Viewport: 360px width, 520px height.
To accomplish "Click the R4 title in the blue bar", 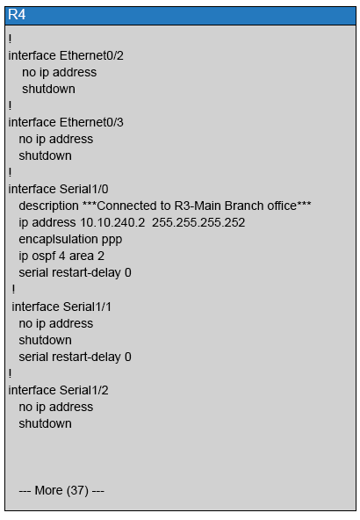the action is (17, 15).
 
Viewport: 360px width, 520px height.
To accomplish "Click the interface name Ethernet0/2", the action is (91, 55).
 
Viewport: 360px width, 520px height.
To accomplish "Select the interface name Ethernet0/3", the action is (91, 122).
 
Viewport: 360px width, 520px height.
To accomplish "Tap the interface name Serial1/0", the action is (84, 189).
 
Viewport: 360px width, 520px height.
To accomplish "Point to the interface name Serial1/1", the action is (87, 307).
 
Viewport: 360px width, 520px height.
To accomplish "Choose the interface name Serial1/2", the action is (84, 390).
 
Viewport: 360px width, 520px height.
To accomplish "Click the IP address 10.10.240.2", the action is (112, 222).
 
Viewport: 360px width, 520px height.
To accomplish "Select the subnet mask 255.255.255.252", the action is (198, 222).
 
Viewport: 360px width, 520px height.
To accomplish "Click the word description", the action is (48, 206).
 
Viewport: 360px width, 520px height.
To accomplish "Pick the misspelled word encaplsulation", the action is (59, 240).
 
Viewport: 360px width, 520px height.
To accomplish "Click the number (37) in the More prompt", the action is (77, 490).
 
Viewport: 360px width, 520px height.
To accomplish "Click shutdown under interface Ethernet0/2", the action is (48, 89).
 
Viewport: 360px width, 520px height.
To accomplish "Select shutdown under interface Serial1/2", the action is (45, 423).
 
